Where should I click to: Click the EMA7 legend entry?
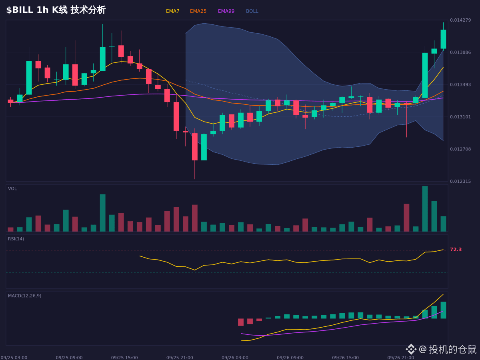pyautogui.click(x=172, y=11)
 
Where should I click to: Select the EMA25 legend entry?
pyautogui.click(x=198, y=11)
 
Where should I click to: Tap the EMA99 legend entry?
pyautogui.click(x=226, y=11)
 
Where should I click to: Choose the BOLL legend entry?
pyautogui.click(x=252, y=11)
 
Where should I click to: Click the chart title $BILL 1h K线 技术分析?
pyautogui.click(x=56, y=10)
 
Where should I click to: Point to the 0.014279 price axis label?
pyautogui.click(x=460, y=20)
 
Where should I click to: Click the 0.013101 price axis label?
pyautogui.click(x=460, y=117)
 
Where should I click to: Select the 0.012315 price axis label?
pyautogui.click(x=460, y=182)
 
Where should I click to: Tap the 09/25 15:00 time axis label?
pyautogui.click(x=124, y=358)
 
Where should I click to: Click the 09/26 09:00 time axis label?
pyautogui.click(x=290, y=358)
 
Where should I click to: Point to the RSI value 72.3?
pyautogui.click(x=456, y=250)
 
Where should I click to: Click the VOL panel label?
pyautogui.click(x=12, y=189)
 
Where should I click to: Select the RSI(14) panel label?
pyautogui.click(x=16, y=239)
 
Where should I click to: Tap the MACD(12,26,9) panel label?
pyautogui.click(x=24, y=296)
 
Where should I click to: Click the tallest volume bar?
pyautogui.click(x=425, y=209)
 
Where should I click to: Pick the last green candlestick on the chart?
pyautogui.click(x=443, y=39)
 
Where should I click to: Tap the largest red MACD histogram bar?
pyautogui.click(x=241, y=322)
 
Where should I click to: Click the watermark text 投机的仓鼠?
pyautogui.click(x=452, y=349)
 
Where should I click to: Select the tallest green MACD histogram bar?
pyautogui.click(x=443, y=310)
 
